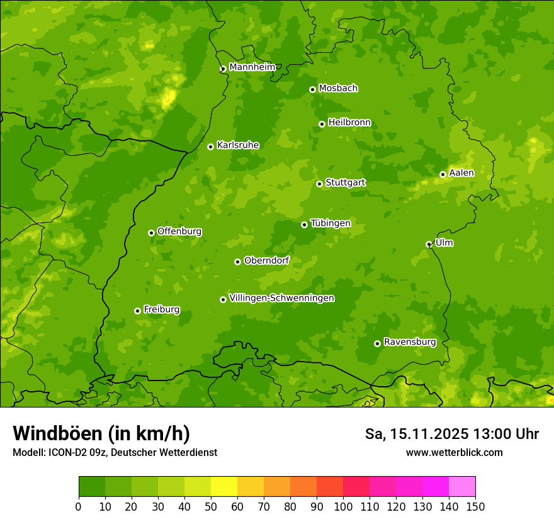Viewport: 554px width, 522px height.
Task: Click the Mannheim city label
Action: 252,67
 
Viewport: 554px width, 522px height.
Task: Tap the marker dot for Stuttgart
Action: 319,184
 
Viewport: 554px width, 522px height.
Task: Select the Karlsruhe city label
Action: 238,145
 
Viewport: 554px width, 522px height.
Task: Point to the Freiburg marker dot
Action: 137,311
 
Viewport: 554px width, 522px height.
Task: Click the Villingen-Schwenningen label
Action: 281,298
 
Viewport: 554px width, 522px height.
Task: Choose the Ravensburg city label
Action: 410,342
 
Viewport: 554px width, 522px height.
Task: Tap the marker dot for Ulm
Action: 429,244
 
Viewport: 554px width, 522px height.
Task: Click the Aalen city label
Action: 461,173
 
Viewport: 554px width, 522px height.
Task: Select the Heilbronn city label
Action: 349,123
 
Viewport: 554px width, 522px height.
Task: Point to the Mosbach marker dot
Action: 312,89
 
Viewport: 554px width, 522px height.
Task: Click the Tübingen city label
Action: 331,223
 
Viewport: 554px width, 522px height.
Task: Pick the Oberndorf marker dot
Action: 237,262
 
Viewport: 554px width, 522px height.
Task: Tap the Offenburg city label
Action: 179,231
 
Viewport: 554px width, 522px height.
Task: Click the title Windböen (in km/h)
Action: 101,433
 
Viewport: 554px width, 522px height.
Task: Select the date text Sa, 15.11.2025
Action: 416,434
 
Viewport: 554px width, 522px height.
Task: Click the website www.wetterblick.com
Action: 454,452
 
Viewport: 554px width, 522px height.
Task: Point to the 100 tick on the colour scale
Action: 343,506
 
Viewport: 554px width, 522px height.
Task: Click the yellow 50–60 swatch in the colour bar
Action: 224,487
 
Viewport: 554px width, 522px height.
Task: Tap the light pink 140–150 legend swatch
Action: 462,487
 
